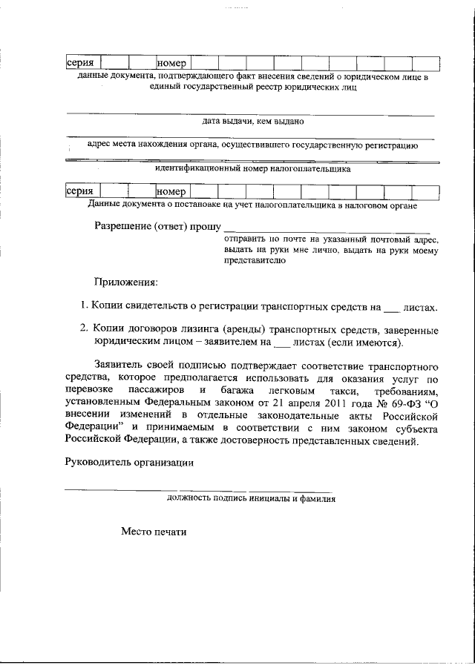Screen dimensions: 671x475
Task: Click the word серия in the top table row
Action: coord(80,64)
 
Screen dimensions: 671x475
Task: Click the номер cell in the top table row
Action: coord(172,64)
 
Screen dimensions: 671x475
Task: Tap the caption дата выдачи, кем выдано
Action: coord(252,120)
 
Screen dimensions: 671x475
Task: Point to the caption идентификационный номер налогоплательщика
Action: coord(252,168)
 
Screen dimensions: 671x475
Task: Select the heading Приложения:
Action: coord(125,282)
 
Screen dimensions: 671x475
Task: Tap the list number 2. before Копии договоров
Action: coord(84,329)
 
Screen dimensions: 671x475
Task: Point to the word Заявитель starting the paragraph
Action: coord(119,366)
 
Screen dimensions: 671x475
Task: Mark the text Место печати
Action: coord(154,532)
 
